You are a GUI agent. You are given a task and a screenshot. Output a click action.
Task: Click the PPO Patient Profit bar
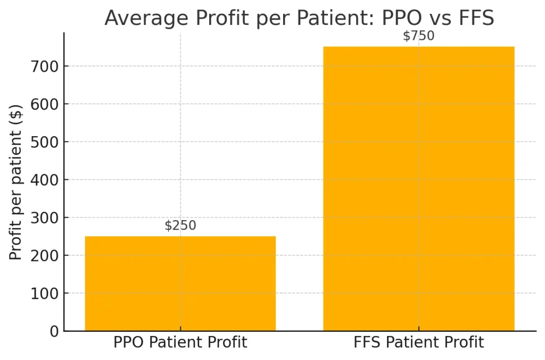coord(180,283)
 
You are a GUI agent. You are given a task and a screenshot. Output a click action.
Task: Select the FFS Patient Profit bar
coord(419,189)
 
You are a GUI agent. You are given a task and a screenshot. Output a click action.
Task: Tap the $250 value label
coord(180,225)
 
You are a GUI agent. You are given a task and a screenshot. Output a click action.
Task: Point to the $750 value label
coord(419,36)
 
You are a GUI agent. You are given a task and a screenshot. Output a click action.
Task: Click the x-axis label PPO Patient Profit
coord(180,342)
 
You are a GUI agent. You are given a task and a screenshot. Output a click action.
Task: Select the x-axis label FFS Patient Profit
coord(419,342)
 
